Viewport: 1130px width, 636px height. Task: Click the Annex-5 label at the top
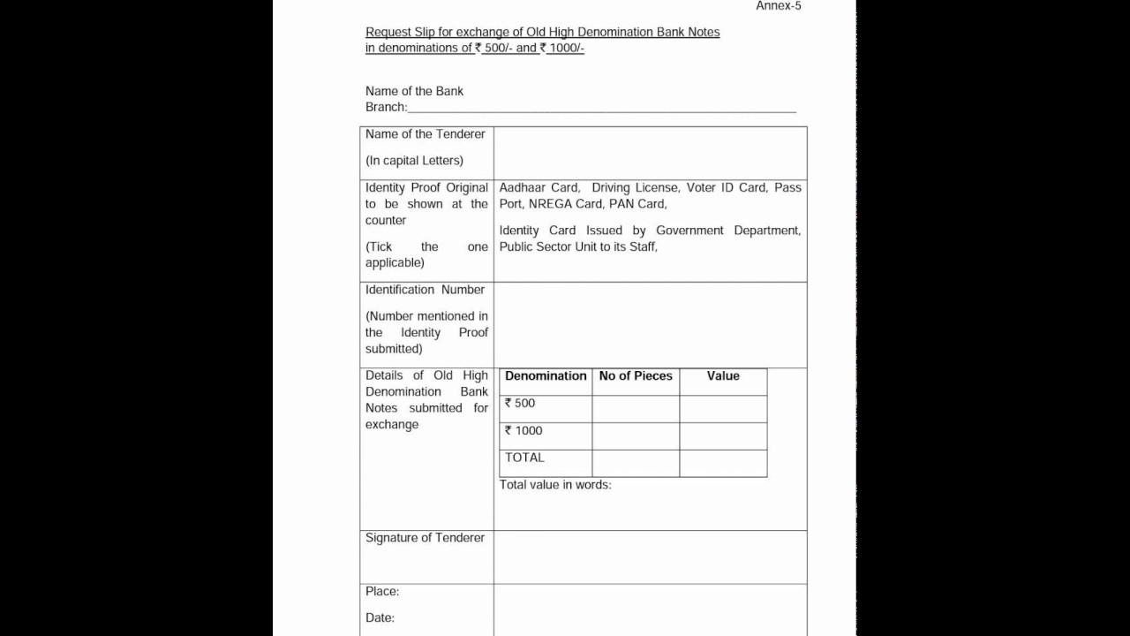click(x=779, y=6)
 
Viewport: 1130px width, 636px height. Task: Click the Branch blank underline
click(x=601, y=110)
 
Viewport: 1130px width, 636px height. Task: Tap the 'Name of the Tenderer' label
click(x=426, y=134)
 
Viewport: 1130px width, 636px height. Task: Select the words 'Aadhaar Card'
click(x=539, y=187)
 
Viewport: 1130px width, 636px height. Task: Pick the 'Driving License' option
click(x=635, y=187)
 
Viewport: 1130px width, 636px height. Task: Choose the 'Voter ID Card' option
click(x=726, y=187)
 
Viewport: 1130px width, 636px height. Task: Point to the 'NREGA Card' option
click(x=565, y=204)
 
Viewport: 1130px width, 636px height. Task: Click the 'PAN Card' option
click(x=637, y=204)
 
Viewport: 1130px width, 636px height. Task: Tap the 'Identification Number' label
click(x=425, y=290)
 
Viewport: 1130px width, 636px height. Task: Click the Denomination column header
click(x=546, y=376)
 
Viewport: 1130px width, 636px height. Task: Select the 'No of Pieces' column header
click(x=636, y=376)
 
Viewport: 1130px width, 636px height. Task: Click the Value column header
click(x=723, y=376)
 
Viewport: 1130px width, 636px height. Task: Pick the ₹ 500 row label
click(x=520, y=404)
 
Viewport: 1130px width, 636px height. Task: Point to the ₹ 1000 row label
click(x=524, y=431)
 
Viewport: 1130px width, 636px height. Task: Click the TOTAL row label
click(x=524, y=458)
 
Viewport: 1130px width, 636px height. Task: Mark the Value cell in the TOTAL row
click(x=723, y=463)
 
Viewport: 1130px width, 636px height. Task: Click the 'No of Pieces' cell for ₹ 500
click(x=636, y=409)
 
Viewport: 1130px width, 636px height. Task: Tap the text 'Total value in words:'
click(x=555, y=485)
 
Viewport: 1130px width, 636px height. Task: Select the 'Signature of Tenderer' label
click(x=425, y=538)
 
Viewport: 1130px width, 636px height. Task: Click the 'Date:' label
click(x=380, y=618)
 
